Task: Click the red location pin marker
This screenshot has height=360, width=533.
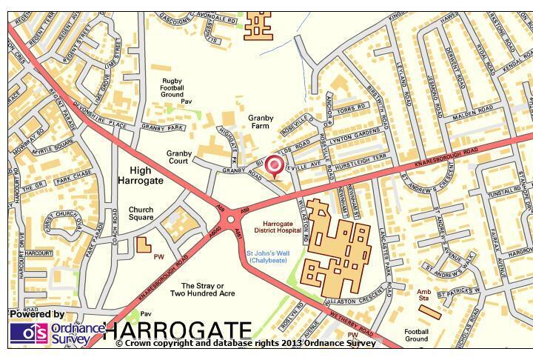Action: click(275, 166)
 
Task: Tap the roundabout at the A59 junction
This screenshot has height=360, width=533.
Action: click(231, 219)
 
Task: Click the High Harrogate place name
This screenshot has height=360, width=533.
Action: click(140, 175)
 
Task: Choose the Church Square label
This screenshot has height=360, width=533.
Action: click(141, 213)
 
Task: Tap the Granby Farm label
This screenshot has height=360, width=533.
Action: click(261, 122)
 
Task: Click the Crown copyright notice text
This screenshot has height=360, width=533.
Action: click(245, 343)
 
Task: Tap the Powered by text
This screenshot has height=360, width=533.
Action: click(37, 315)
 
